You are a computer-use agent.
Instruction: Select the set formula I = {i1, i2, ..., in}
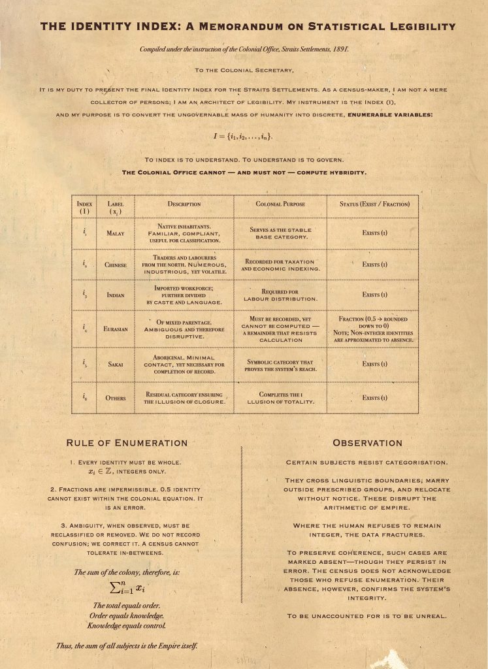243,137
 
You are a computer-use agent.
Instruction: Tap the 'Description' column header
184,204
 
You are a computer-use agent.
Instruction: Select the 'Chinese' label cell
116,265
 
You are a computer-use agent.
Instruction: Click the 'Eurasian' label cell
116,329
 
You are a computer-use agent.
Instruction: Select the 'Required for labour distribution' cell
280,295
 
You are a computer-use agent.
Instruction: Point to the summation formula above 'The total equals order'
126,589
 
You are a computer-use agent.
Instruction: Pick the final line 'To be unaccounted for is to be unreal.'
365,616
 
